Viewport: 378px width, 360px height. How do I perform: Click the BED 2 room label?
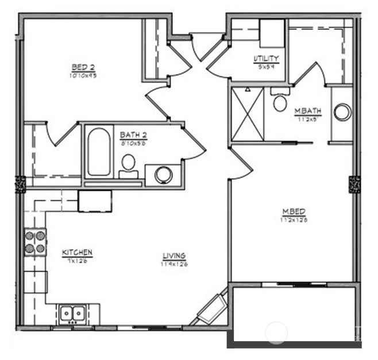tap(83, 67)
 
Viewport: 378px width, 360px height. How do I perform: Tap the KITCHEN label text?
tap(77, 253)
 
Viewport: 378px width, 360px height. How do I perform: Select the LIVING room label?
tap(173, 256)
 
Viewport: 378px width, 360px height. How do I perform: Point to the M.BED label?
tap(290, 211)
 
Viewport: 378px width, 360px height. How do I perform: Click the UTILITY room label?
tap(266, 59)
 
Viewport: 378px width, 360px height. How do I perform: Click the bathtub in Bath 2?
tap(98, 152)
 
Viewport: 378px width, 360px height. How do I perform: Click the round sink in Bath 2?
tap(163, 175)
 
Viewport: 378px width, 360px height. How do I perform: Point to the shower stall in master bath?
tap(248, 113)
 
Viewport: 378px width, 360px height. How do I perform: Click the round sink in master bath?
tap(342, 112)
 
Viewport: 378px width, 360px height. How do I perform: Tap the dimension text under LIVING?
tap(174, 265)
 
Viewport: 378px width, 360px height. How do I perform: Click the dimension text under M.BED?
tap(290, 219)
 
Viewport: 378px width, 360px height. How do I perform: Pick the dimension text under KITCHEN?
tap(76, 261)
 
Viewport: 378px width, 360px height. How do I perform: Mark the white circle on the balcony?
tap(277, 332)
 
